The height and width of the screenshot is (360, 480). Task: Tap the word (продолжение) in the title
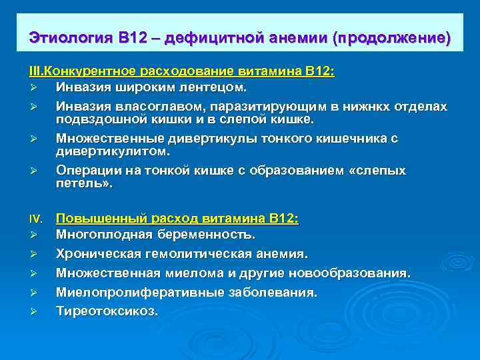click(394, 37)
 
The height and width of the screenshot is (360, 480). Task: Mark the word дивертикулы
click(197, 139)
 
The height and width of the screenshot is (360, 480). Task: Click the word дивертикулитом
click(108, 151)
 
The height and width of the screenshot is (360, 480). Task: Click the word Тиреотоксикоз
click(106, 311)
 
